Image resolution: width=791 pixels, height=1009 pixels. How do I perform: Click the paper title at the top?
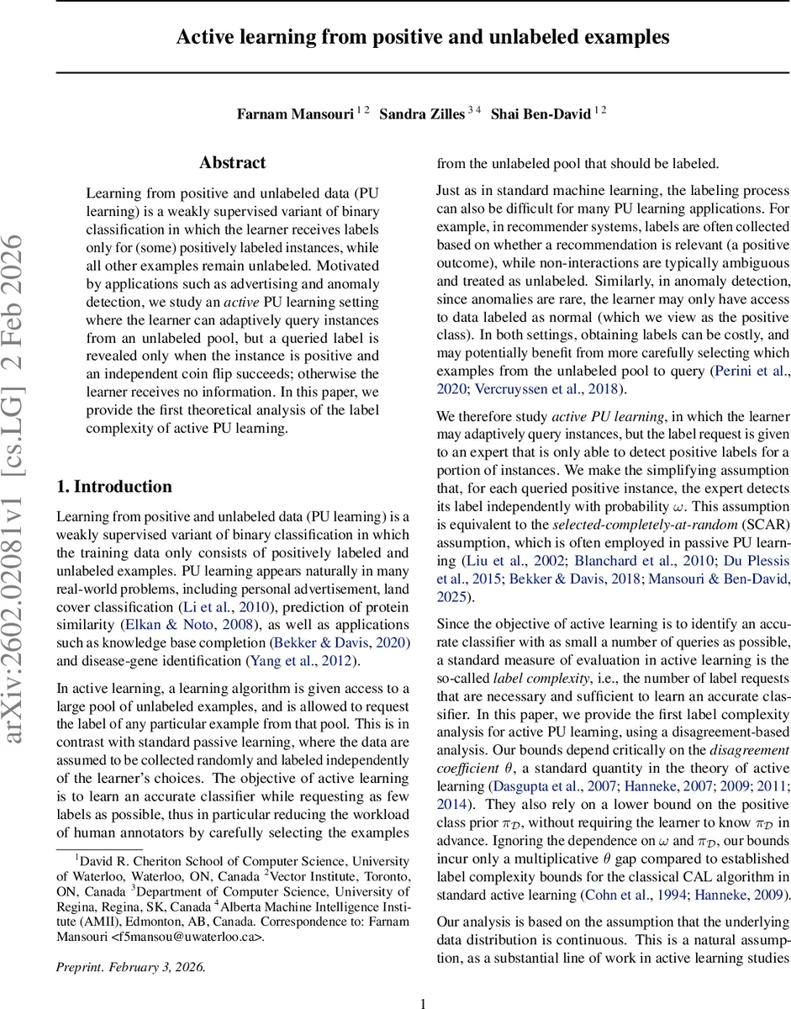423,37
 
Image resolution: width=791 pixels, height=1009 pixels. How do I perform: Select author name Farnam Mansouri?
294,114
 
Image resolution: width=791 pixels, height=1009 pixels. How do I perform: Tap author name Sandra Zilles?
422,114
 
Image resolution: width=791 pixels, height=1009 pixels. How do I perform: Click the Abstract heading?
232,163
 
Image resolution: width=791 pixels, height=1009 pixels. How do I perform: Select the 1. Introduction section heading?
113,487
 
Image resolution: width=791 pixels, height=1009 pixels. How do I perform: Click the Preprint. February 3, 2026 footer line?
130,943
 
